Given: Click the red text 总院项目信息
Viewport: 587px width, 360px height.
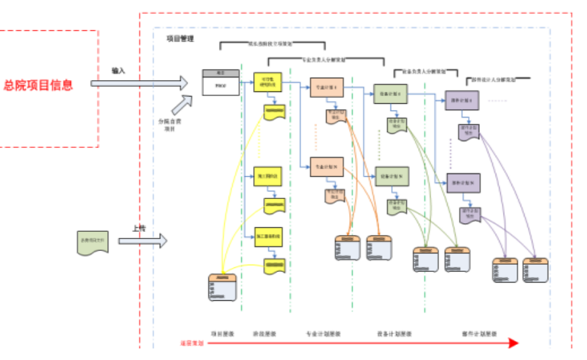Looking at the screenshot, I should tap(38, 85).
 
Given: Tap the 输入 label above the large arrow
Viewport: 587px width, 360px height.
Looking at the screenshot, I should tap(118, 70).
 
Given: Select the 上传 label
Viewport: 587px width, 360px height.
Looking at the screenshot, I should tap(139, 229).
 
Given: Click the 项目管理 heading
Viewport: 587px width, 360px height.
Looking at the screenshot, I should tap(180, 39).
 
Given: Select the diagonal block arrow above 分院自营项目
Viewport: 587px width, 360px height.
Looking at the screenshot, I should tap(183, 103).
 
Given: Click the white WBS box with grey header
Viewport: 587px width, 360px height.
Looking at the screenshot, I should tap(220, 83).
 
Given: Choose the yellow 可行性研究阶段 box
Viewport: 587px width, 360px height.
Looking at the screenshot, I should tap(268, 83).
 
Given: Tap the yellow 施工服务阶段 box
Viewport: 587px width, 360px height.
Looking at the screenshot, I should tap(268, 236).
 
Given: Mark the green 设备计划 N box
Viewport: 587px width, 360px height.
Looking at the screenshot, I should tap(393, 175).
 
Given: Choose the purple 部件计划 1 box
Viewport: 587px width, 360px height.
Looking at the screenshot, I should tap(460, 100).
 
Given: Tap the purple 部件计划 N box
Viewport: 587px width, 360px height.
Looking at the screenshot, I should tap(464, 182).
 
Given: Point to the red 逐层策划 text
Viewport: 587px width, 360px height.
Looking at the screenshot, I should tap(192, 343).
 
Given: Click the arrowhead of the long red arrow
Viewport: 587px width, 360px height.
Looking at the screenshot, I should tap(513, 343).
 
